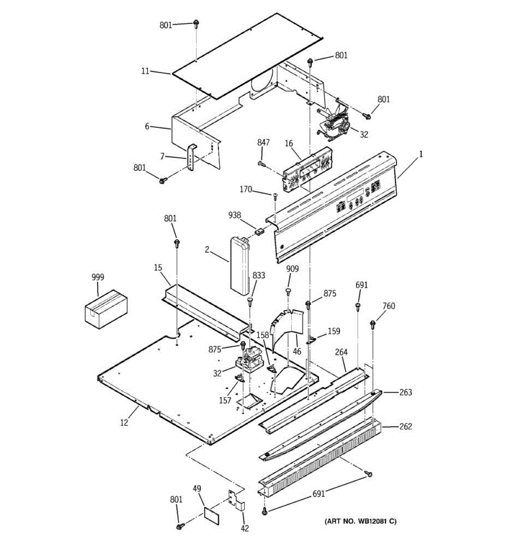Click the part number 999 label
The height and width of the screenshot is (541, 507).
click(97, 277)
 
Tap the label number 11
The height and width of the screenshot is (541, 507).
click(145, 71)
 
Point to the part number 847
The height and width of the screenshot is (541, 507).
click(264, 143)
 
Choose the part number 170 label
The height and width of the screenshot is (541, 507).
click(246, 189)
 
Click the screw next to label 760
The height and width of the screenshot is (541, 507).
click(373, 324)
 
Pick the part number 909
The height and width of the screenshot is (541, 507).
click(292, 269)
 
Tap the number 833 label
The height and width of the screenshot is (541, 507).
click(259, 276)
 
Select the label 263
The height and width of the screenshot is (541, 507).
click(406, 392)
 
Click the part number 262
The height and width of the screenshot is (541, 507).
click(406, 426)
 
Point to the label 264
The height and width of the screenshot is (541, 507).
click(341, 353)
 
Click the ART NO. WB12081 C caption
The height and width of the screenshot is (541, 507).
click(361, 522)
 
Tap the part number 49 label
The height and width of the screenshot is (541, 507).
click(197, 489)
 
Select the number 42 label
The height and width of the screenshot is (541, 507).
click(245, 528)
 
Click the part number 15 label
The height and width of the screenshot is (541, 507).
click(158, 268)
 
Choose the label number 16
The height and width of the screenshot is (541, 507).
click(289, 144)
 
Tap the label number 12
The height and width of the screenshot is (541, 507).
click(124, 422)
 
